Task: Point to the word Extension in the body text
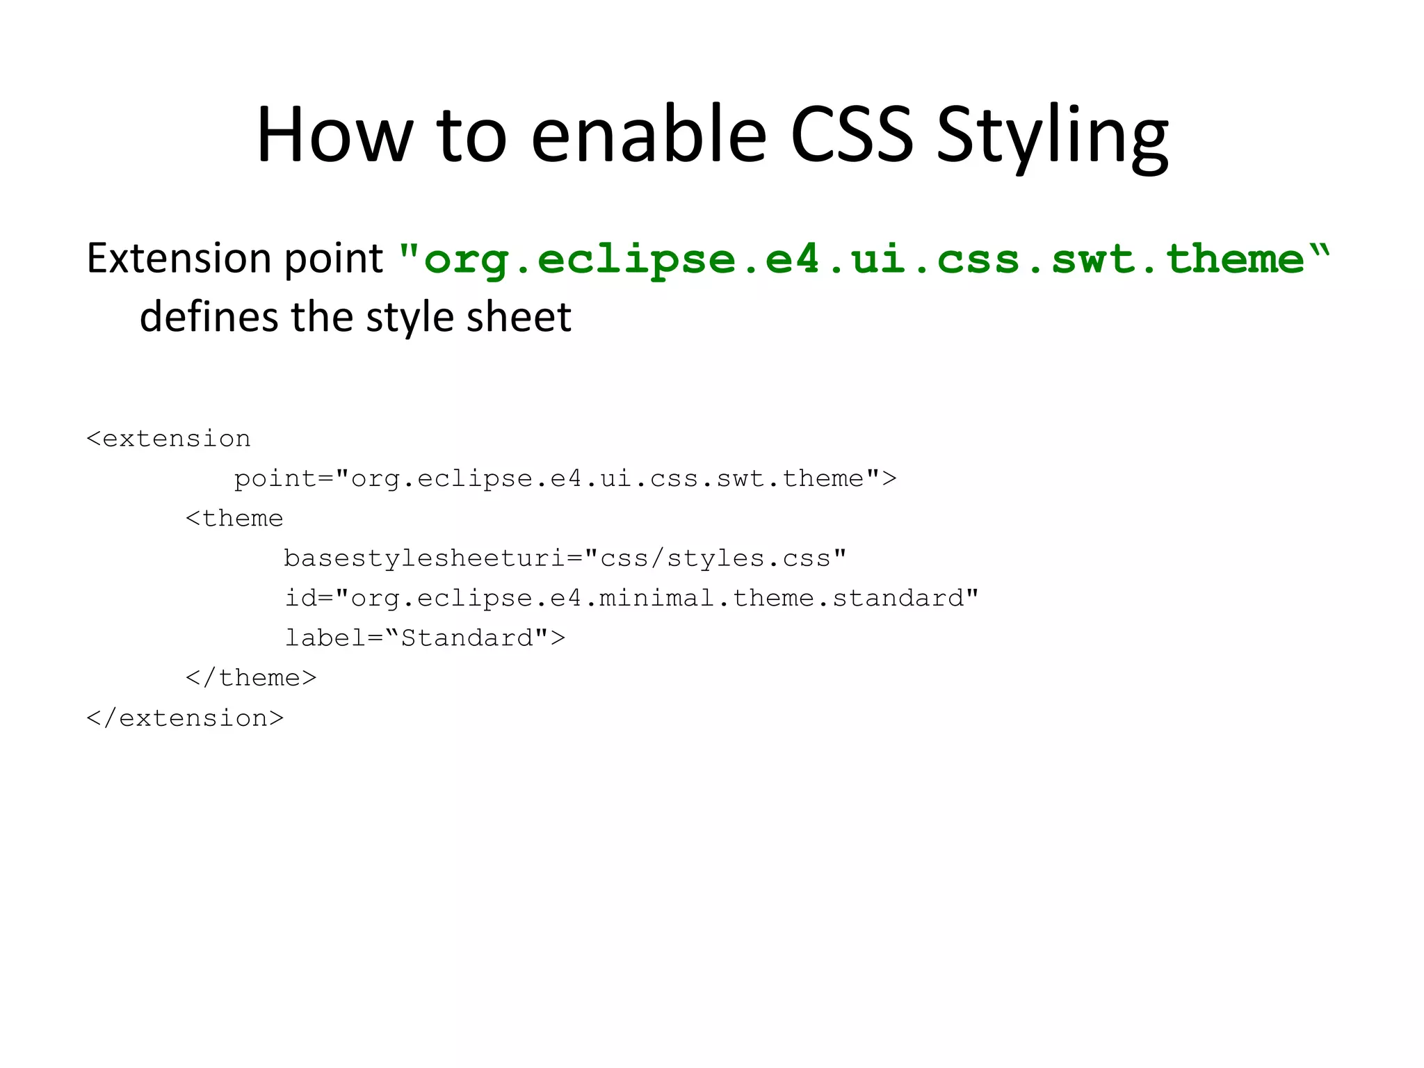[179, 258]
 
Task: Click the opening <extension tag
[168, 439]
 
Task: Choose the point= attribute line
[565, 479]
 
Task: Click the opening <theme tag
[234, 519]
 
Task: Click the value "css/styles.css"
[716, 558]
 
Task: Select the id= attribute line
[631, 598]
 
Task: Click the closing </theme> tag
[251, 678]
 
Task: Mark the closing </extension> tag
[185, 718]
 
